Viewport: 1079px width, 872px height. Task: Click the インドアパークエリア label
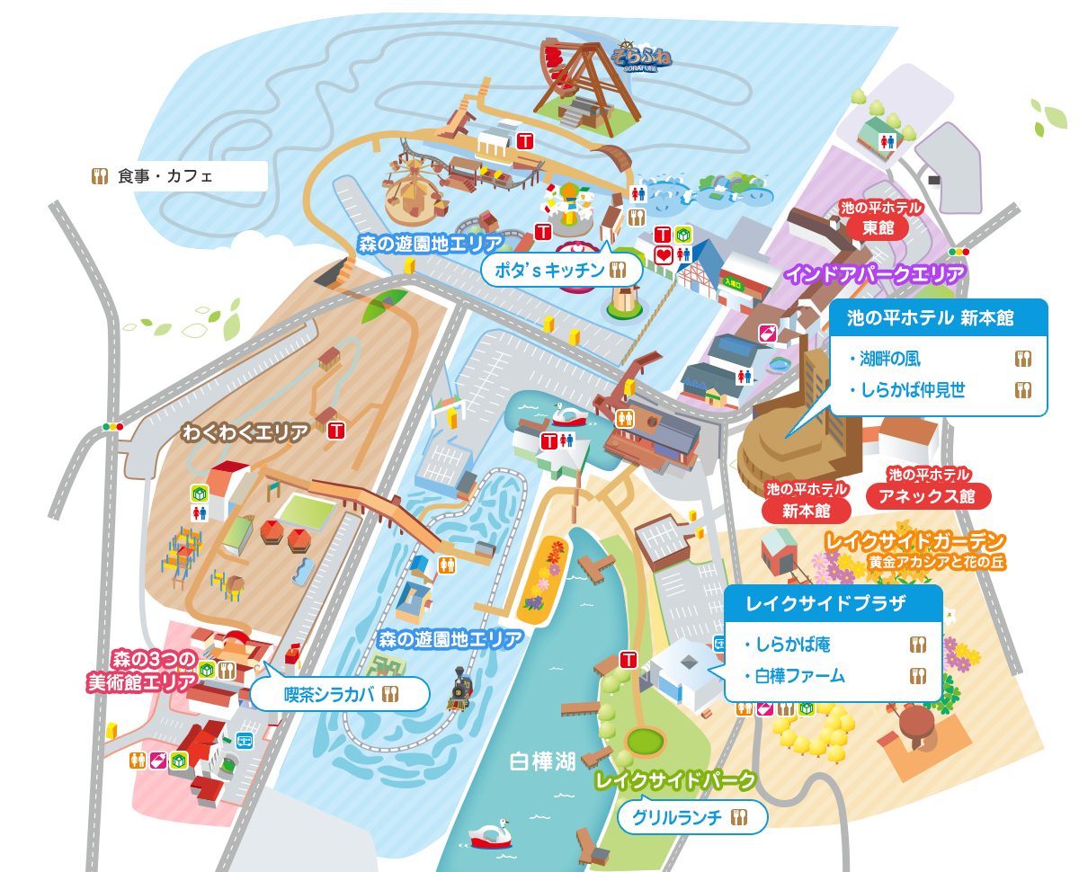pyautogui.click(x=875, y=273)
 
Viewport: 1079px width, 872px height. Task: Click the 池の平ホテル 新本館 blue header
pyautogui.click(x=939, y=316)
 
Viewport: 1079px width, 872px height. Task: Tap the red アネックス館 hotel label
pyautogui.click(x=929, y=495)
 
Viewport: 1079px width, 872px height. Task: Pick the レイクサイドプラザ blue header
pyautogui.click(x=833, y=603)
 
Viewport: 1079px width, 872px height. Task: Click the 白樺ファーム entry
pyautogui.click(x=800, y=676)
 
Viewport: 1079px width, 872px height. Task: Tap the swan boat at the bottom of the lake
pyautogui.click(x=490, y=835)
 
